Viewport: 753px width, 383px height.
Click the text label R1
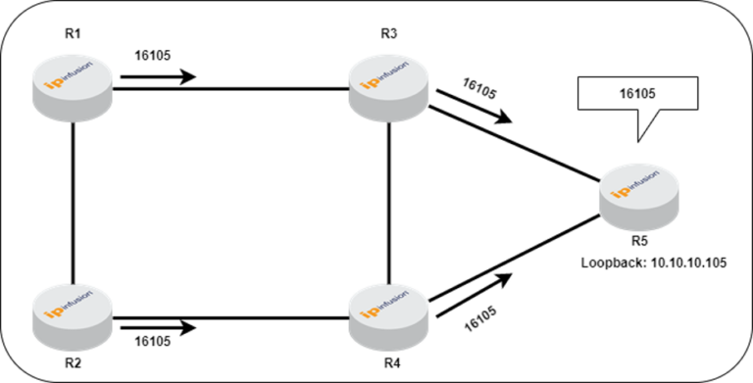(73, 33)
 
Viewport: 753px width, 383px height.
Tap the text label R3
(388, 33)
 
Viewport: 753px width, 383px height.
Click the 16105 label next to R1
(153, 56)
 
